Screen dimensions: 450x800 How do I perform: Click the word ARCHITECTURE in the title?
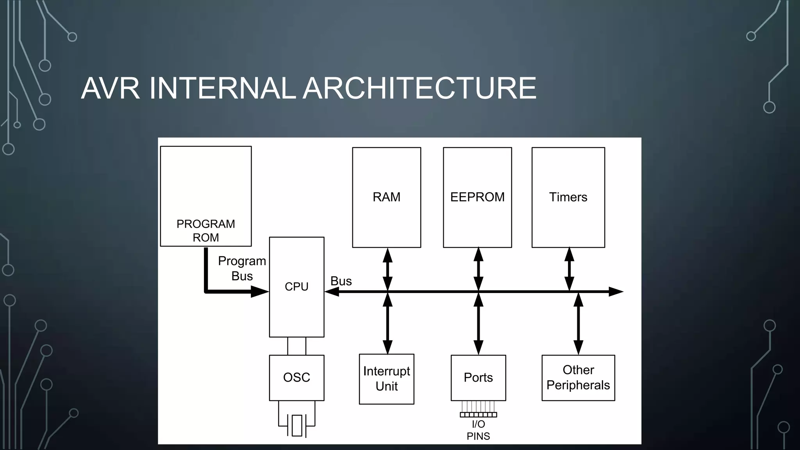[420, 88]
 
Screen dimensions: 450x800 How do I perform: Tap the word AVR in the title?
[110, 88]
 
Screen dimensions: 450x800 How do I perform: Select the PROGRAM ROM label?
[206, 230]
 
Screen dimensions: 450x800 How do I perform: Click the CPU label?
[296, 287]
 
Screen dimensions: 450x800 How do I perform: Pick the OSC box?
[296, 377]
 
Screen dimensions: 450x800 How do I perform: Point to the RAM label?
[386, 197]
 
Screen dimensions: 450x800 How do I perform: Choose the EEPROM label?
[477, 197]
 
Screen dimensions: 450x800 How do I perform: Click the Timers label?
[568, 197]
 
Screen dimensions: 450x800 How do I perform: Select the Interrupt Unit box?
[386, 379]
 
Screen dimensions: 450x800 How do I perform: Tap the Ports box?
[478, 377]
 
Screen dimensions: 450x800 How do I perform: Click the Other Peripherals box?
[578, 377]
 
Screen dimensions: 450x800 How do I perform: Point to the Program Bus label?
[242, 268]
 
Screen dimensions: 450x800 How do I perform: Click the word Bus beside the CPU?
[341, 281]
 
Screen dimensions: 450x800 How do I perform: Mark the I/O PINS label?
[478, 430]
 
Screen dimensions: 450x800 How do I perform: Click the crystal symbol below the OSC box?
[297, 425]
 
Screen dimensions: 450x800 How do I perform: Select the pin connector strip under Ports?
[478, 414]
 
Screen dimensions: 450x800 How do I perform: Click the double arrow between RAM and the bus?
[387, 270]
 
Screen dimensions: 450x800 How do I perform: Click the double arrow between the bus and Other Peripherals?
[578, 323]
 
